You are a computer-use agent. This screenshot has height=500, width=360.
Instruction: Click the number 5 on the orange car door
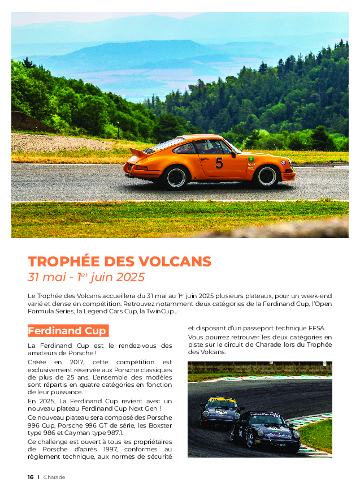(x=219, y=163)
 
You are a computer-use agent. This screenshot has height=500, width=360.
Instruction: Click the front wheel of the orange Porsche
(x=266, y=176)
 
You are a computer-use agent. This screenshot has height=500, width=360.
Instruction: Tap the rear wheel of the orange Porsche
(x=176, y=177)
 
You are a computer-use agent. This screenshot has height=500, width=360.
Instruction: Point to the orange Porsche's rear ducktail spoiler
(x=137, y=153)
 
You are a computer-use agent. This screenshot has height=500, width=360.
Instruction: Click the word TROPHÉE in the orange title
(x=64, y=262)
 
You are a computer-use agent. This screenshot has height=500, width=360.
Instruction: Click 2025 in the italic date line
(x=131, y=278)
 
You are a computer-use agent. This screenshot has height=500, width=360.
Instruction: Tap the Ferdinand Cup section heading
(x=67, y=331)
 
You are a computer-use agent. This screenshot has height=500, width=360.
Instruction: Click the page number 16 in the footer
(x=31, y=477)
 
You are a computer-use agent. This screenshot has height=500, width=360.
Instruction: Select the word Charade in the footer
(x=54, y=477)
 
